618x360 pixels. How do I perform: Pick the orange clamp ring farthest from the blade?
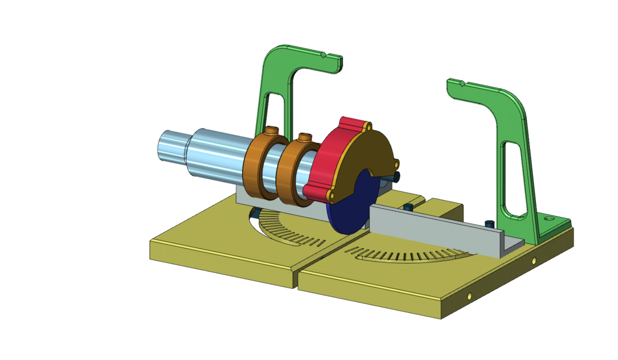(260, 166)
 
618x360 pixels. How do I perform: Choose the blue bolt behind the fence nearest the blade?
(409, 207)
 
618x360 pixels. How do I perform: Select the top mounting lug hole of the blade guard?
(366, 127)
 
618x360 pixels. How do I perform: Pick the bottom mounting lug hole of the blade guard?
(331, 196)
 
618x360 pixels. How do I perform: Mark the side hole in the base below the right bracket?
(534, 261)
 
